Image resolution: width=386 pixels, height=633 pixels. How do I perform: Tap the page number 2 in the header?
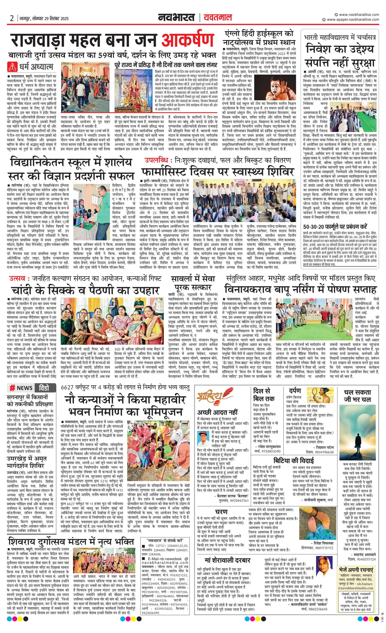[x=12, y=18]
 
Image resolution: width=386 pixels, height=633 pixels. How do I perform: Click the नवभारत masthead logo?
[x=176, y=18]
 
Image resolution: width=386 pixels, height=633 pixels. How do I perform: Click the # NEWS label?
[x=21, y=388]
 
